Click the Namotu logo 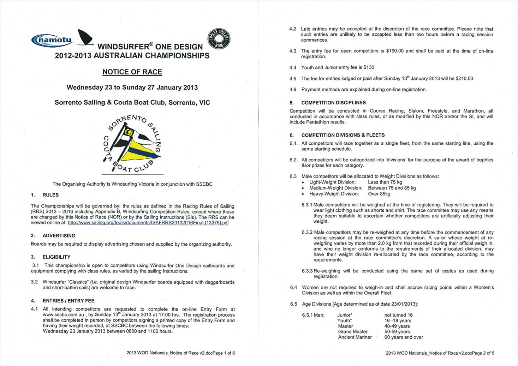pos(52,40)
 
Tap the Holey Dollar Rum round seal pos(219,38)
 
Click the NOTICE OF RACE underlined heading pos(132,72)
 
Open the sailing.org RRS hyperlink pos(148,223)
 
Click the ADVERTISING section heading pos(59,236)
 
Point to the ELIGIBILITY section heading pos(56,257)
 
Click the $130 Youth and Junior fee pos(369,67)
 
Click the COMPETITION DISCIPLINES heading pos(333,103)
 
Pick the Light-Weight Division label pos(332,182)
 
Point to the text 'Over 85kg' pos(379,194)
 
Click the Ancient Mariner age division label pos(355,337)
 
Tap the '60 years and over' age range pos(403,337)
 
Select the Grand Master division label pos(352,332)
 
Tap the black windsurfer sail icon pos(85,37)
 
